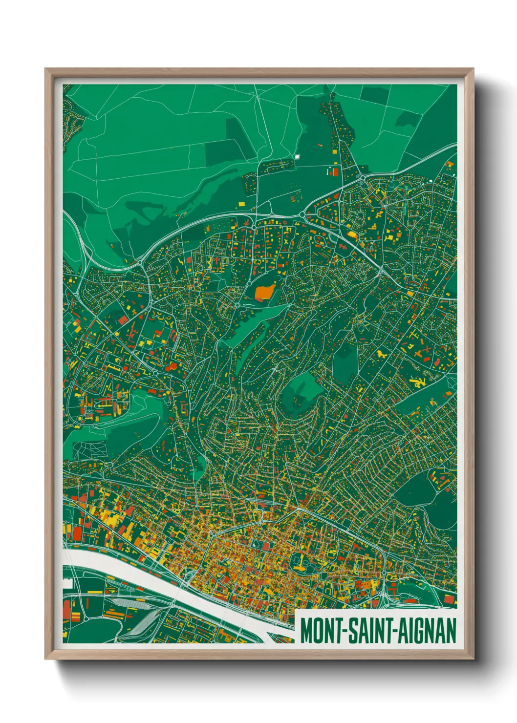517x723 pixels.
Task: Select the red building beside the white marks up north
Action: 335,172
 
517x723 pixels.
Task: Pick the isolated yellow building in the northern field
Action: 241,203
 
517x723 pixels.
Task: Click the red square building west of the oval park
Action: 266,546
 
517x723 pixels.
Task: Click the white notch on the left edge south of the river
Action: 67,583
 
